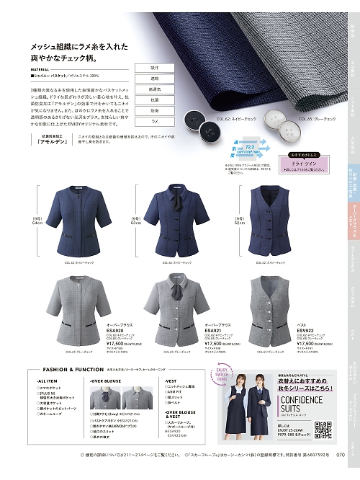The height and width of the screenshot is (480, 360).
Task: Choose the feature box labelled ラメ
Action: (154, 123)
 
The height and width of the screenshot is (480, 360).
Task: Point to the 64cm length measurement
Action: (38, 223)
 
